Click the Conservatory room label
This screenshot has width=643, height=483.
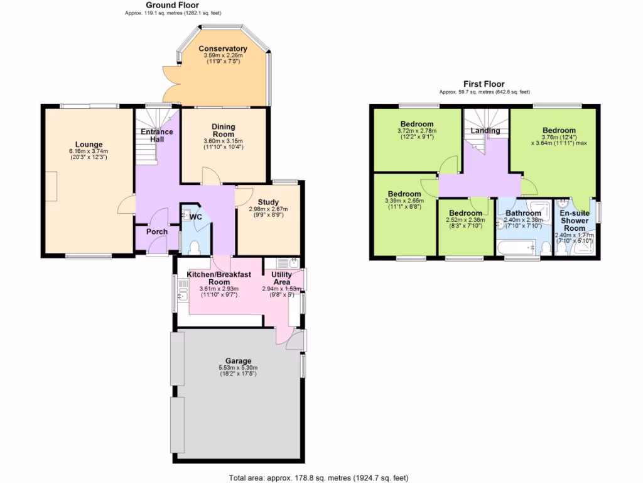click(223, 49)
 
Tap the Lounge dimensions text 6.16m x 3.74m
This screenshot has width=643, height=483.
click(89, 151)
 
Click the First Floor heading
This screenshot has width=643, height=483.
click(484, 84)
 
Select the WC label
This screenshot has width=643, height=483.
click(196, 217)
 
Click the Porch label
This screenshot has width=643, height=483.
click(156, 231)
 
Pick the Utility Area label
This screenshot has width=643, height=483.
click(281, 278)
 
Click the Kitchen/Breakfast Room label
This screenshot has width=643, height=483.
click(219, 278)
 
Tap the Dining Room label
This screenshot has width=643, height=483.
click(223, 130)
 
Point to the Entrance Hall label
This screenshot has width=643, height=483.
click(156, 135)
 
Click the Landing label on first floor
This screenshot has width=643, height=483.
click(485, 131)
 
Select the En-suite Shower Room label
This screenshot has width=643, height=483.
click(574, 221)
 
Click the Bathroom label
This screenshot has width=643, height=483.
click(523, 213)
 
